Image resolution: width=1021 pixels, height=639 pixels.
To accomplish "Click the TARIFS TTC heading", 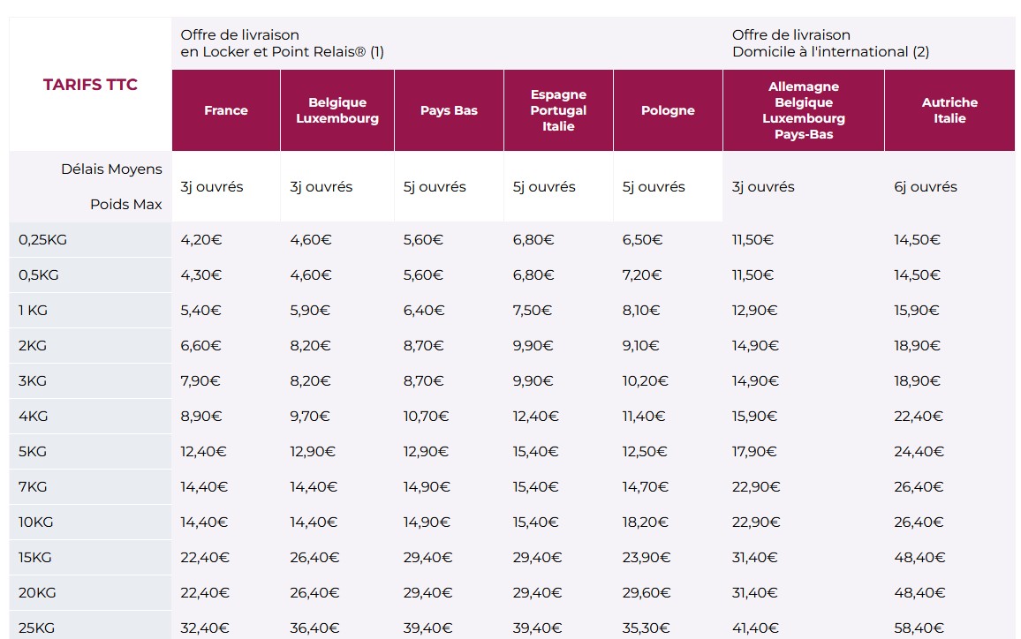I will point(90,85).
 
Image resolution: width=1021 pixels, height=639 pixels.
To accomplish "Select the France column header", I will point(226,110).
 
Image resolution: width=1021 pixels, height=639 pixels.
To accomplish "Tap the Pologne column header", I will point(668,110).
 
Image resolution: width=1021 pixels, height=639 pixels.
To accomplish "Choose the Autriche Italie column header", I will point(949,110).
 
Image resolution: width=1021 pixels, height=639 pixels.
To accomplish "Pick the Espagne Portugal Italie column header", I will point(558,110).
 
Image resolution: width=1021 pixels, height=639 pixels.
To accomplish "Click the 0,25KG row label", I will point(43,239).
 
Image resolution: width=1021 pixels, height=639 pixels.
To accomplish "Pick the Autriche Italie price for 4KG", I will point(919,416).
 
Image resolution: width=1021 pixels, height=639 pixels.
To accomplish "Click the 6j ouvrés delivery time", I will point(926,186).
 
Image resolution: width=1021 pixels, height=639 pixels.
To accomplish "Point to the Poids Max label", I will point(125,204).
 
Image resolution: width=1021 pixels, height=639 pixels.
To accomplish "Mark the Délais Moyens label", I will point(111,169).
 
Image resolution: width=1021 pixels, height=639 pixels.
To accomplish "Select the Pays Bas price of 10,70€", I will point(427,416).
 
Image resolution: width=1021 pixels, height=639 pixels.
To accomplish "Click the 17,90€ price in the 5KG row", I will point(754,451).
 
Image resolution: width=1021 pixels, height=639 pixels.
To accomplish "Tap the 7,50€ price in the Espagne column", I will point(533,310).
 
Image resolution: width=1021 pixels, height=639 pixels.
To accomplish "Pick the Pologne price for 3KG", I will point(646,380).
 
